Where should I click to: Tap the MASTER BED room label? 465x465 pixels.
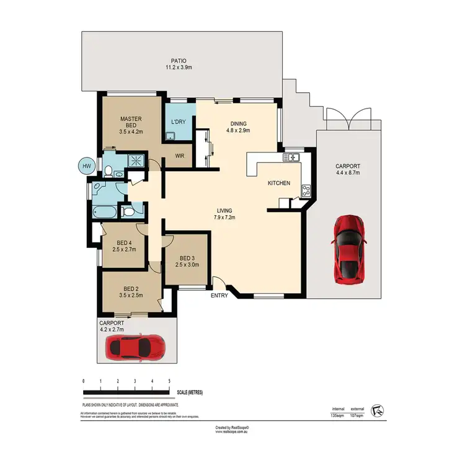(131, 119)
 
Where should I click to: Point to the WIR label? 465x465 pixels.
(181, 156)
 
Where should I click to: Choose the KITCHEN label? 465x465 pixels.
(278, 184)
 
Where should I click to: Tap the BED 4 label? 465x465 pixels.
(125, 242)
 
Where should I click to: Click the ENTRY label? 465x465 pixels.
(219, 296)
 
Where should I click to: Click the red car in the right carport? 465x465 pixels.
(348, 249)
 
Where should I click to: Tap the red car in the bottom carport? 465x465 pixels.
(136, 348)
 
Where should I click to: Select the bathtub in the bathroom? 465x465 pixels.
(104, 213)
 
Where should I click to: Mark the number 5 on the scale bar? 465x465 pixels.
(169, 380)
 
